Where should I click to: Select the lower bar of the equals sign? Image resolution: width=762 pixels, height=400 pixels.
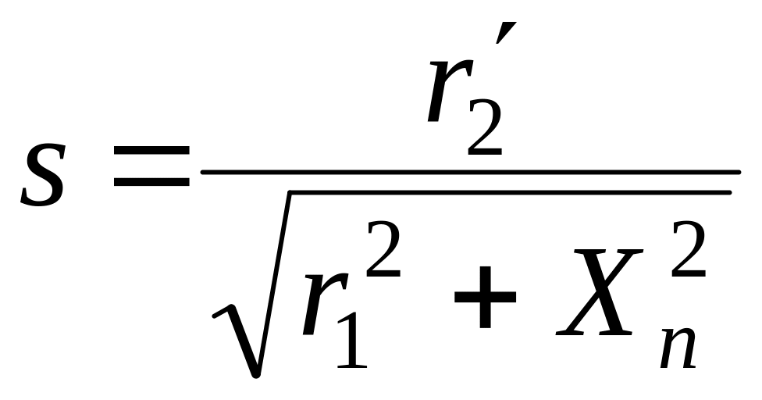click(x=151, y=185)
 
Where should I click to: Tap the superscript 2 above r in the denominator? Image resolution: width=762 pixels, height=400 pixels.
click(x=382, y=250)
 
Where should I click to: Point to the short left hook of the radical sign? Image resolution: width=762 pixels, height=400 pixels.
click(x=220, y=312)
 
